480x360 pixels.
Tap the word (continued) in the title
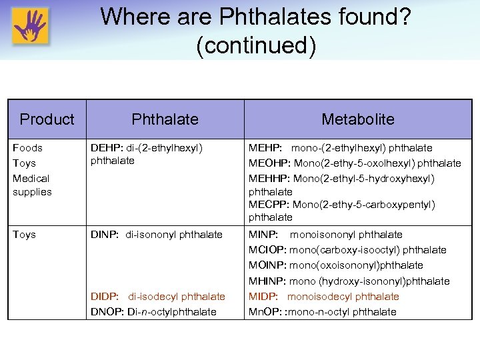coord(255,45)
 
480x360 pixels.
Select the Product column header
coord(47,119)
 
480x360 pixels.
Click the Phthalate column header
coord(165,119)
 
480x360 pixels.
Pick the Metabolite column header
coord(357,119)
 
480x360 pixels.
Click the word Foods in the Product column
coord(27,148)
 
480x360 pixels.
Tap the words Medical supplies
coord(31,185)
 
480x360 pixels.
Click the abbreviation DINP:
coord(104,235)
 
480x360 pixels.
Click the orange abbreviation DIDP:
coord(105,297)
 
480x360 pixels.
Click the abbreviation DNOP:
coord(106,312)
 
